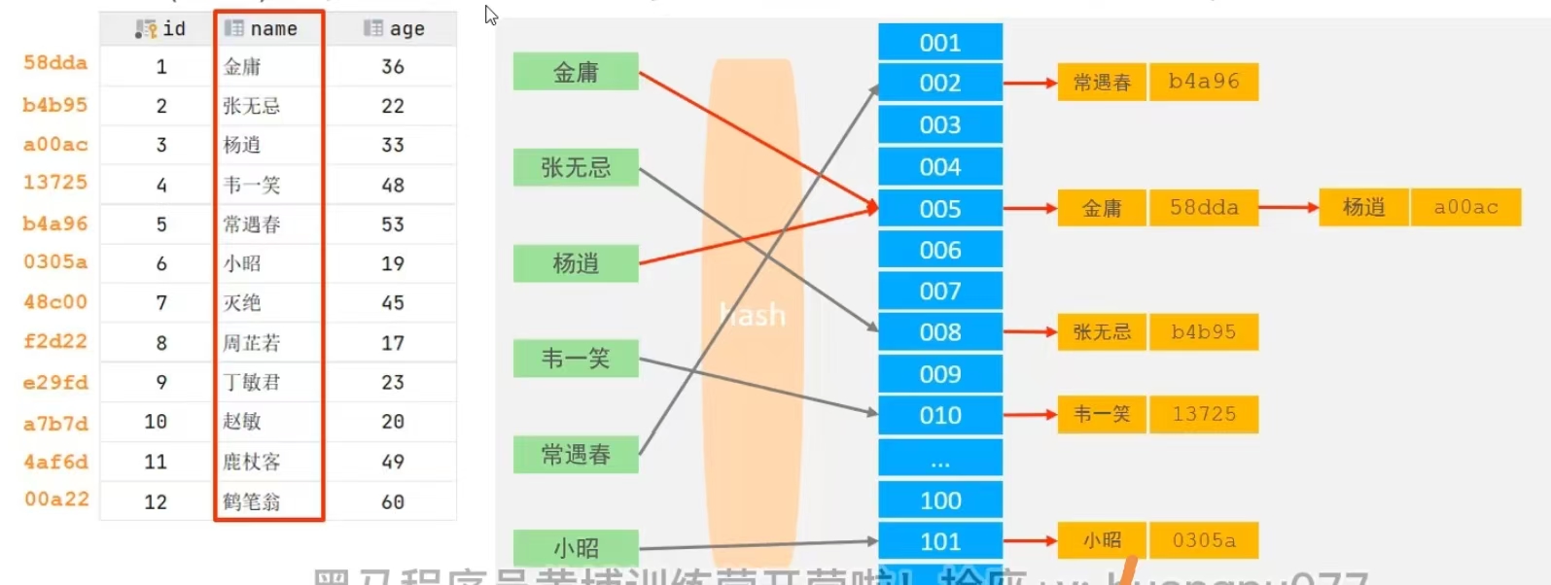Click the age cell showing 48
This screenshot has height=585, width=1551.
coord(393,185)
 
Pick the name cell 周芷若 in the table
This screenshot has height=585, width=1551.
coord(252,343)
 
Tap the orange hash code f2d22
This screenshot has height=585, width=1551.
coord(55,342)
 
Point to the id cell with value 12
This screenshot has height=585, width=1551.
coord(156,501)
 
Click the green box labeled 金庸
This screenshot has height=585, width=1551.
coord(576,72)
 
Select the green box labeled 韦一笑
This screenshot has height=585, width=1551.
coord(576,359)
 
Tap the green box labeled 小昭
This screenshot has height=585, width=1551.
coord(576,548)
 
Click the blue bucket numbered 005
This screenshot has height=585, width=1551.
coord(940,209)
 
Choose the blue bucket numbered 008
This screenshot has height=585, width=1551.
coord(940,332)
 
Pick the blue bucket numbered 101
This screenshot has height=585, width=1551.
coord(940,541)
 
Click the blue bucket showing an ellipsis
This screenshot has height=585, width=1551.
coord(940,459)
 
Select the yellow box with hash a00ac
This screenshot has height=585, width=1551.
coord(1465,207)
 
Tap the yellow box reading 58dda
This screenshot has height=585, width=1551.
coord(1204,208)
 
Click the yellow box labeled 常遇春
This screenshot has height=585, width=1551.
coord(1102,83)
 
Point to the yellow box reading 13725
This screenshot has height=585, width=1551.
coord(1204,415)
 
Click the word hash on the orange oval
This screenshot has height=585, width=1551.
coord(752,315)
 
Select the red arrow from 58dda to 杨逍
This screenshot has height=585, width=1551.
coord(1288,207)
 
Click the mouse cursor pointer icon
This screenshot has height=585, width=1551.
coord(491,16)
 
